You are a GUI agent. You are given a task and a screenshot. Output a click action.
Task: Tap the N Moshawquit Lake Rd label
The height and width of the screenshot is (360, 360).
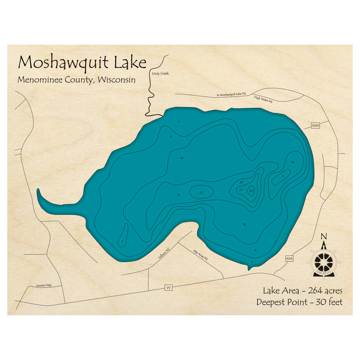[x=231, y=94]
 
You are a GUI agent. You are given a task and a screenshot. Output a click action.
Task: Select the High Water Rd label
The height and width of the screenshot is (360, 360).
[x=263, y=99]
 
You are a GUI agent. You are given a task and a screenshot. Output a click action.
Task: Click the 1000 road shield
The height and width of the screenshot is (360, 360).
[x=315, y=126]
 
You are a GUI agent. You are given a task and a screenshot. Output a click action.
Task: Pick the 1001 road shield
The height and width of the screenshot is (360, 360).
[x=289, y=258]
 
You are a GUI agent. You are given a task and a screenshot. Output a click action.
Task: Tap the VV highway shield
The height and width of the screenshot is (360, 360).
[x=168, y=287]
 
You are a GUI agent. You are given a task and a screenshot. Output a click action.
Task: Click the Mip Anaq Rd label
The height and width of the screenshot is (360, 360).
[x=200, y=255]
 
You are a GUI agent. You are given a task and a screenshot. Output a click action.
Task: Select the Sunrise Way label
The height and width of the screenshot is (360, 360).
[x=44, y=285]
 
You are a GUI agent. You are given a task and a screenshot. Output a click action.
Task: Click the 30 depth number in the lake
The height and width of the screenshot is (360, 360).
[x=251, y=191]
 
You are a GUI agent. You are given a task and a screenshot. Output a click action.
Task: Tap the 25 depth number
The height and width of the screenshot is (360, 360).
[x=241, y=190]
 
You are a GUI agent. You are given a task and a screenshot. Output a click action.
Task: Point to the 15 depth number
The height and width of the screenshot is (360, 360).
[x=178, y=195]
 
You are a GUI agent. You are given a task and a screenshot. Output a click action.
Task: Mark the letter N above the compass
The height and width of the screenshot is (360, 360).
[x=324, y=237]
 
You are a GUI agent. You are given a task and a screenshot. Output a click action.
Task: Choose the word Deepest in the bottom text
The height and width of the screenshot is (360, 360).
[x=273, y=302]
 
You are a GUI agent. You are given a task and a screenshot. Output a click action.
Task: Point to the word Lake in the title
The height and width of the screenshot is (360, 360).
[x=130, y=63]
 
